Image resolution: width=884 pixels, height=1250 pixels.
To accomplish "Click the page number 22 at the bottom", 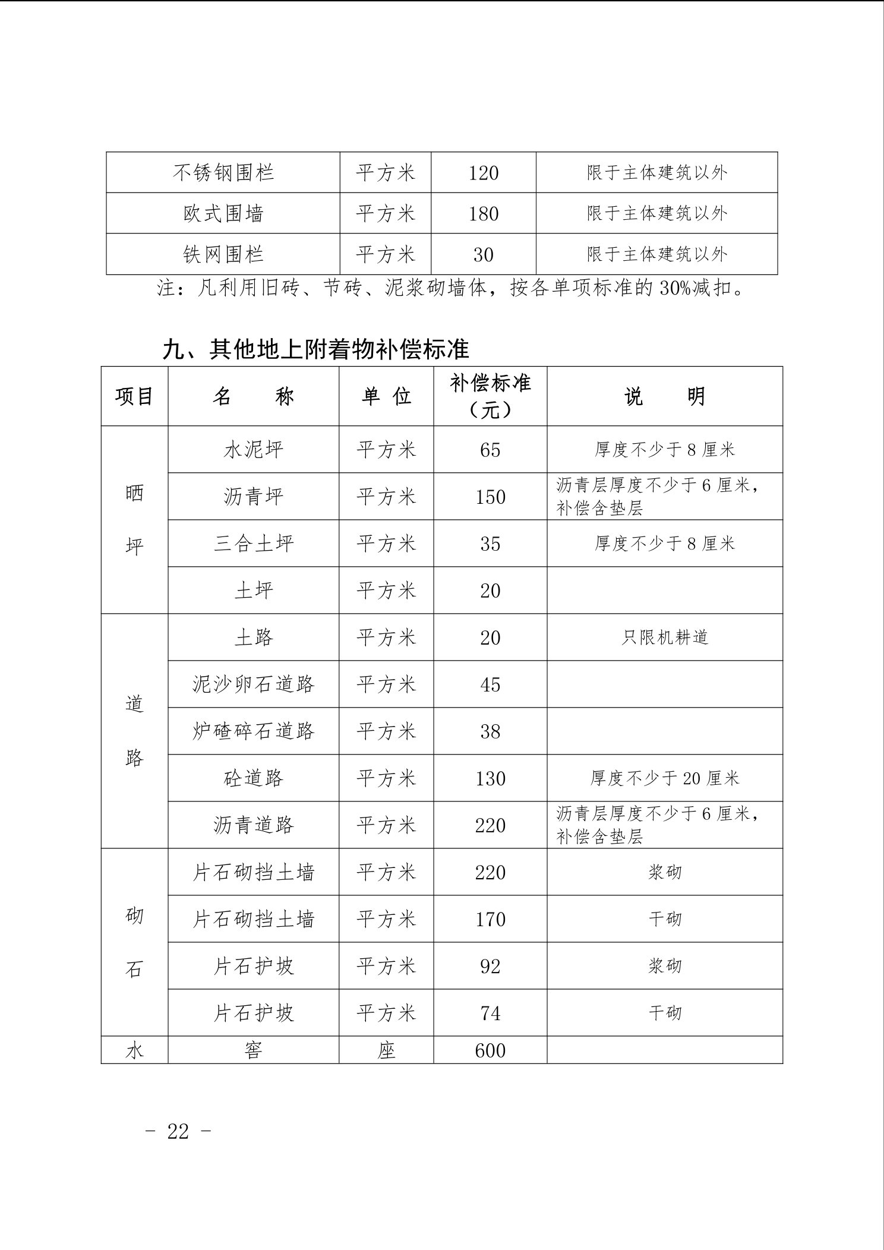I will pos(178,1131).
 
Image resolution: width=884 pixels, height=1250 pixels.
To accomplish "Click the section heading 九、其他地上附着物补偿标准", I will pos(315,349).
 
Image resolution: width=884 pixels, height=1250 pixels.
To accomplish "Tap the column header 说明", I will pos(664,396).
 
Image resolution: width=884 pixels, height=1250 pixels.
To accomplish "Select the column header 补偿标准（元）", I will pos(490,396).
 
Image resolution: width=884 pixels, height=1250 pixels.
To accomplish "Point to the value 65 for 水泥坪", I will pos(490,450).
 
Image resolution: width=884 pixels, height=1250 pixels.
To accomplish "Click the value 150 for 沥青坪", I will pos(490,497).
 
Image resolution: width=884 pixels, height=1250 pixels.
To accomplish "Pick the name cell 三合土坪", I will pos(254,544).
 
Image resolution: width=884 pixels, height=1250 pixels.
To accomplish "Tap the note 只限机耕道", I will pos(664,637).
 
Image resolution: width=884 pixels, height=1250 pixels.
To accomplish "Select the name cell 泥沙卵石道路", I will pos(254,684).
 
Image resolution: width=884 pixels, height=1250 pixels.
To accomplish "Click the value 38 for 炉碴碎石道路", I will pos(490,731).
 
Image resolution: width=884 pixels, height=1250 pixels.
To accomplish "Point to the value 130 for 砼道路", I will pos(490,778).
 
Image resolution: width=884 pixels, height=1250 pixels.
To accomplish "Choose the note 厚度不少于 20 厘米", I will pos(664,778).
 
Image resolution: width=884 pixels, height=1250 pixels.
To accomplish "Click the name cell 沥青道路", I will pos(254,825).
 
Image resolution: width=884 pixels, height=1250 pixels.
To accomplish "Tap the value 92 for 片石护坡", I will pos(490,966).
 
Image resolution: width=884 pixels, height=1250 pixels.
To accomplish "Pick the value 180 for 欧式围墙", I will pos(483,213).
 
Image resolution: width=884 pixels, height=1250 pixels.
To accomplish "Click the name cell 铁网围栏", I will pos(223,254).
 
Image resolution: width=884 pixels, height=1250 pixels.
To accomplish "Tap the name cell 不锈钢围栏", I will pos(223,172).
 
